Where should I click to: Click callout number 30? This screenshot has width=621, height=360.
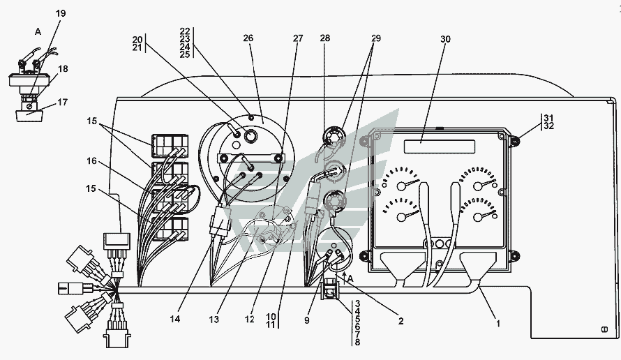(445, 39)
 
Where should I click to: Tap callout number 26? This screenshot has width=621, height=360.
(248, 39)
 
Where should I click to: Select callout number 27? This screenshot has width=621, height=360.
(298, 39)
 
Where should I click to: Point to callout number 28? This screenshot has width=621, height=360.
(324, 39)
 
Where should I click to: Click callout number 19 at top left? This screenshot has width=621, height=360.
(60, 13)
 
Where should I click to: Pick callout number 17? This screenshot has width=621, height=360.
(63, 103)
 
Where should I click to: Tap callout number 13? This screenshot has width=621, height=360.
(214, 319)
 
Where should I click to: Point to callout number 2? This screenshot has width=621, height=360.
(401, 322)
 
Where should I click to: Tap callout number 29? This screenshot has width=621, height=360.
(376, 39)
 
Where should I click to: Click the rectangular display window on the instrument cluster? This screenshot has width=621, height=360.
(440, 146)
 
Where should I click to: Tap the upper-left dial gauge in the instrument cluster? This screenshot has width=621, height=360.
(403, 184)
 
